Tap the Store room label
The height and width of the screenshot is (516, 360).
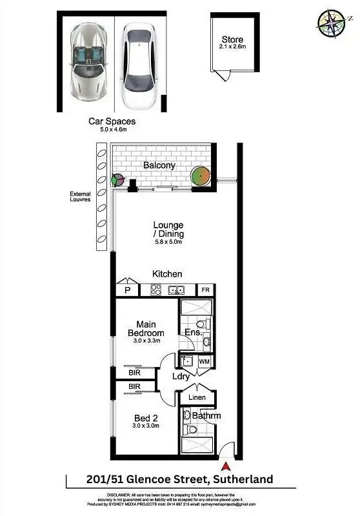(232, 40)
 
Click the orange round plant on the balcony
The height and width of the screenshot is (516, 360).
(201, 175)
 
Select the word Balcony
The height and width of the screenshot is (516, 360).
(159, 165)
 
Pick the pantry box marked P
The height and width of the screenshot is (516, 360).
(127, 290)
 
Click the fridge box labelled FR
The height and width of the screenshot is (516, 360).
(206, 291)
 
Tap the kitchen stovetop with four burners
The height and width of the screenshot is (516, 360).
(156, 290)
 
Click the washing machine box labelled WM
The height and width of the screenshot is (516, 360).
(205, 363)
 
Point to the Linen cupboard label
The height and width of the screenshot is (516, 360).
(197, 397)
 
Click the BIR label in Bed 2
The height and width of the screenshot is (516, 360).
(135, 386)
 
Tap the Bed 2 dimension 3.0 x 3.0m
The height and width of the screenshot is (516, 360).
(145, 427)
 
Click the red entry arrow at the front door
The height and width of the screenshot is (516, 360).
(225, 465)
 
